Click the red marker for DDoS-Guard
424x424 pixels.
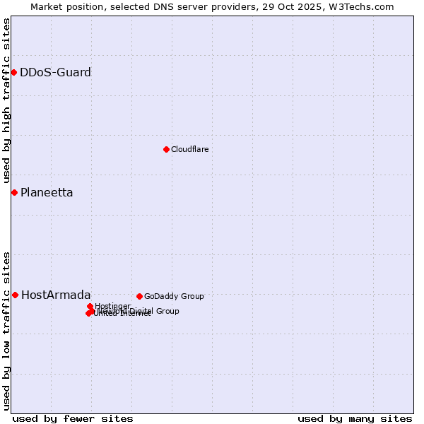[x=13, y=72]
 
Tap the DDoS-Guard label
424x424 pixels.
[x=55, y=72]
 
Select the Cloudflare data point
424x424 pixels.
[x=166, y=149]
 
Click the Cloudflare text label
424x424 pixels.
[x=189, y=149]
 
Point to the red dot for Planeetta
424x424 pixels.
[x=14, y=192]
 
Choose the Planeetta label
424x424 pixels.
[x=47, y=192]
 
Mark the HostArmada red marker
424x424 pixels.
[x=15, y=295]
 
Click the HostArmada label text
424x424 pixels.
[x=56, y=295]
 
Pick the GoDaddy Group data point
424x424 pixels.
[x=139, y=296]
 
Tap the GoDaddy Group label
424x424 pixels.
[x=173, y=296]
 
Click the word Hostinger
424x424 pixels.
[x=112, y=306]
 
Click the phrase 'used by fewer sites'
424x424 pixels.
[x=73, y=418]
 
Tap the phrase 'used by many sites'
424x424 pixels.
[x=354, y=418]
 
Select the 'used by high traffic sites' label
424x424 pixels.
[x=6, y=101]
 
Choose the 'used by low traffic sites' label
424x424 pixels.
[x=6, y=331]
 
